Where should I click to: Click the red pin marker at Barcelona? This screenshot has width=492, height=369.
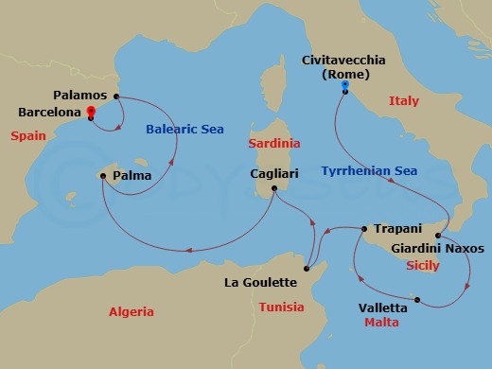[x=91, y=112]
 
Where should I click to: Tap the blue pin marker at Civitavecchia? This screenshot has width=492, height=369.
[x=344, y=87]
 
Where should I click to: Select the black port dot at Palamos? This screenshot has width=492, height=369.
[x=116, y=97]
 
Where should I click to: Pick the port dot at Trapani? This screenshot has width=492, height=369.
[x=365, y=228]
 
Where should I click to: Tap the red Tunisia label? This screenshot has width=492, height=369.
[x=281, y=307]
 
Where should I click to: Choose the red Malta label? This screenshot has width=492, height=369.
[x=381, y=323]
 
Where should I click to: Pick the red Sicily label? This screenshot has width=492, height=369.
[x=422, y=266]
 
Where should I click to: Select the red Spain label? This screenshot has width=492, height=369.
[x=28, y=136]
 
